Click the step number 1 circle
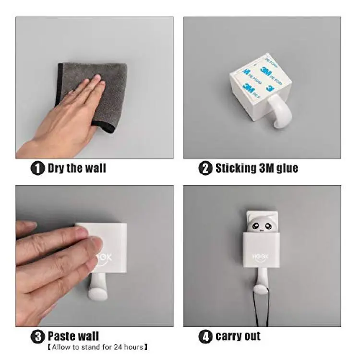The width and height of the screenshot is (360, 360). [37, 168]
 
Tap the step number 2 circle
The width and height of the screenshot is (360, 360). [205, 168]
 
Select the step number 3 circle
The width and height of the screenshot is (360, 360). [37, 336]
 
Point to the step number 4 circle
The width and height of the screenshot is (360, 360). [205, 336]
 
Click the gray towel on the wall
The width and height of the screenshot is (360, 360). [92, 96]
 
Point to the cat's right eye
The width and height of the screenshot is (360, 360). [268, 227]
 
